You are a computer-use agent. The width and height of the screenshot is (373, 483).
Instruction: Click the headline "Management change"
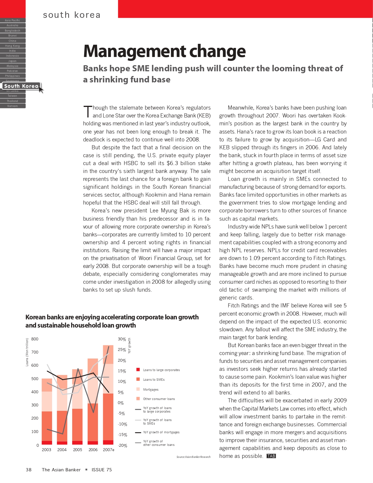164,51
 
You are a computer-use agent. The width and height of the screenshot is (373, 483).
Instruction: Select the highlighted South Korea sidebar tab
21,86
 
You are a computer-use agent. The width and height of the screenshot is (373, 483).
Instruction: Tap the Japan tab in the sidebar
13,61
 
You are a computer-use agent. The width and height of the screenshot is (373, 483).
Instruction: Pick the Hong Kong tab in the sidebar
13,46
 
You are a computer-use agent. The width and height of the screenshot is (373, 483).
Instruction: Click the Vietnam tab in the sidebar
13,106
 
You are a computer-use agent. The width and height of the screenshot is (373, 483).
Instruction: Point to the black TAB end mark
271,456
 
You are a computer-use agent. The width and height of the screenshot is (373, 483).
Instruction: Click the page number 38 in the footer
29,470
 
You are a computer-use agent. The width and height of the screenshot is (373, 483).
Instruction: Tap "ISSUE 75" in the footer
102,470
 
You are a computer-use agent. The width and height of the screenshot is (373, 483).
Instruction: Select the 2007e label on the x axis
108,450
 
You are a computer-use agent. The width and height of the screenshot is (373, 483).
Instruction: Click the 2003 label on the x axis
46,450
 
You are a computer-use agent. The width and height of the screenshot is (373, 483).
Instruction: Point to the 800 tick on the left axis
35,339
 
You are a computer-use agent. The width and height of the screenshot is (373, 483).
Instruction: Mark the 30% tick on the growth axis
122,339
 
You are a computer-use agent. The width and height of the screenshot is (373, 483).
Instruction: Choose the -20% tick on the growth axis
122,446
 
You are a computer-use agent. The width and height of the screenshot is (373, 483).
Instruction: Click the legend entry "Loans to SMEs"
154,380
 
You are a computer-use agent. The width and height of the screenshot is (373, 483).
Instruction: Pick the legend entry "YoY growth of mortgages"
161,432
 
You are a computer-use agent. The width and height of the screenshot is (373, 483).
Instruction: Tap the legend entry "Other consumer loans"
159,399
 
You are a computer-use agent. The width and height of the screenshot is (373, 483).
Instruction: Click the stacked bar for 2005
77,409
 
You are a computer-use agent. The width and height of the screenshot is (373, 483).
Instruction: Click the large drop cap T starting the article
88,112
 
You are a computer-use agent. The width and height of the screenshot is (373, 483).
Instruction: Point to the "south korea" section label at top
72,15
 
